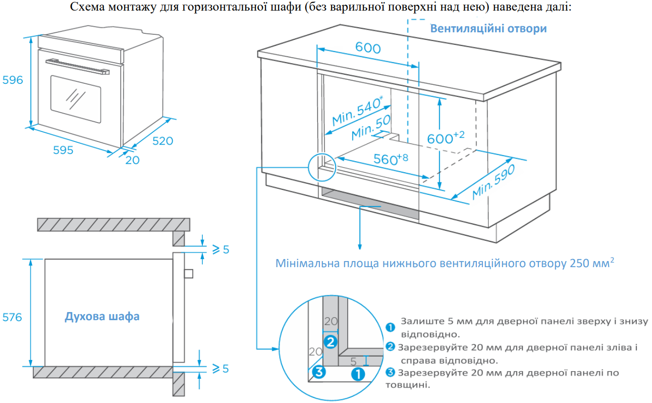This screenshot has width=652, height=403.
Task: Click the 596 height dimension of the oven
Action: coord(13,80)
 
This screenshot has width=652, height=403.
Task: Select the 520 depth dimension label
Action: coord(162,141)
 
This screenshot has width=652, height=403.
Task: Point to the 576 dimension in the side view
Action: coord(12,317)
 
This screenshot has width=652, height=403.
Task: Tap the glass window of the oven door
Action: coord(75,96)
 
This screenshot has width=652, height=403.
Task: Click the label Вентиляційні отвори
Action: coord(488,28)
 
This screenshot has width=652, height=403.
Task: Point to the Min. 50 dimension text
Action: coord(371,127)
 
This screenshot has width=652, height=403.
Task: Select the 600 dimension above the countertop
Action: coord(368,47)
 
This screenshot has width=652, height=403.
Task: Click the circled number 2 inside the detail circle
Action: coord(330,342)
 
